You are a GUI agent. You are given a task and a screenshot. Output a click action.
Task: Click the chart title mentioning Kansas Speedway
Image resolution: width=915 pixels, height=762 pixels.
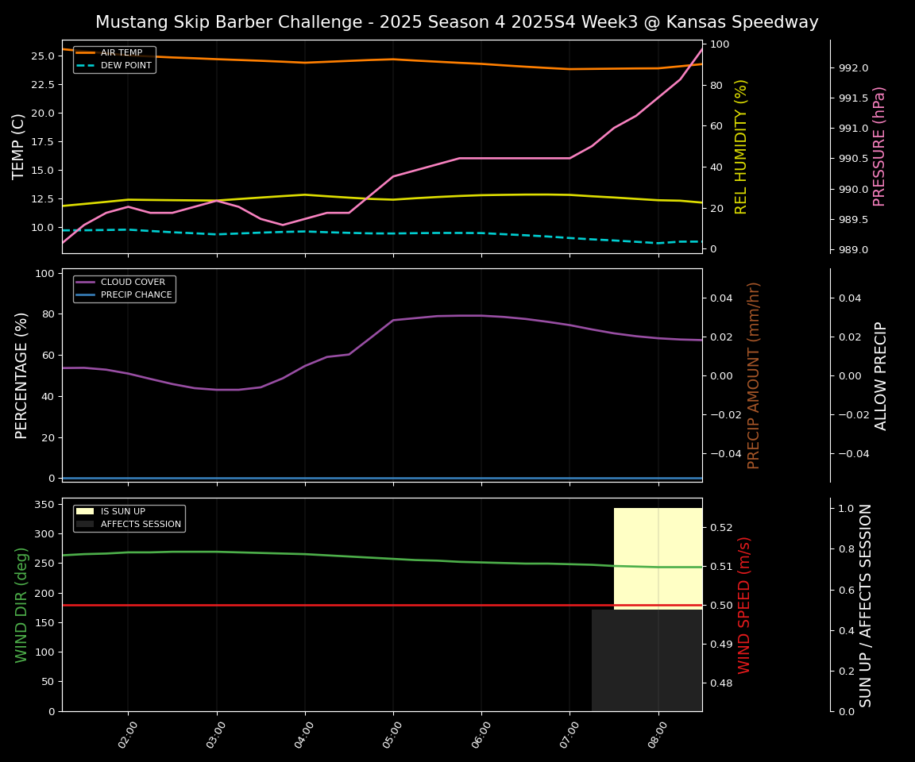(x=457, y=22)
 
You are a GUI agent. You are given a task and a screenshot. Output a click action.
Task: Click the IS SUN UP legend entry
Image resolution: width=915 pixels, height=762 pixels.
(x=122, y=512)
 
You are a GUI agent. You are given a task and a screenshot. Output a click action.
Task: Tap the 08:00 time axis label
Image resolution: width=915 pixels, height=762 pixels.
(x=653, y=736)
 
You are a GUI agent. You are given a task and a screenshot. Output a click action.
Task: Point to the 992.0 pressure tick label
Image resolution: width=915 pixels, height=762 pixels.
(x=854, y=68)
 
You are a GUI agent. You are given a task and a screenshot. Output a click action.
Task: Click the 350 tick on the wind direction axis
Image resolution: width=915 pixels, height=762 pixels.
(x=45, y=504)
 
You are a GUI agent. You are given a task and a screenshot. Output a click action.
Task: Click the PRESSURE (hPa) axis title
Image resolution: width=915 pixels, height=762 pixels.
(x=879, y=146)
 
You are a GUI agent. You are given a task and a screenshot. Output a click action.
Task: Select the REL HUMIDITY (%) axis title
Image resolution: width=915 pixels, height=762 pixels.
(x=742, y=146)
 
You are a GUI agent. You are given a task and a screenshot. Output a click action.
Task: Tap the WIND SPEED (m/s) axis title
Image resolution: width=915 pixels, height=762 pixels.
(x=744, y=605)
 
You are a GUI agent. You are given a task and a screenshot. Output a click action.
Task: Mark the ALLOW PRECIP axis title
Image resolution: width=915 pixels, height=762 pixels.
(x=881, y=375)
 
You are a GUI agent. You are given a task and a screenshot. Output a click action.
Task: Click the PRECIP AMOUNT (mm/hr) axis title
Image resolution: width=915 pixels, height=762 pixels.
(x=754, y=375)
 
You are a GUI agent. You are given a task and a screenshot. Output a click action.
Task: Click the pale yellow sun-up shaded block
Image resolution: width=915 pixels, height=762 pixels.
(x=658, y=556)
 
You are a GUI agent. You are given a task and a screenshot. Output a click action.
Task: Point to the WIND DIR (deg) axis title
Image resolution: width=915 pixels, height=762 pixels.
(x=21, y=605)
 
